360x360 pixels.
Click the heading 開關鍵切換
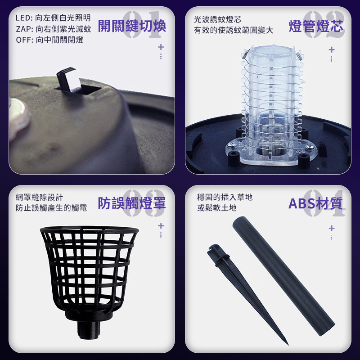[x=132, y=26]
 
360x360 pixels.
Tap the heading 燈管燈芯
[x=316, y=26]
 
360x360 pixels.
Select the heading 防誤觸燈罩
[x=132, y=203]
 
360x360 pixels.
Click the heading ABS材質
[x=315, y=203]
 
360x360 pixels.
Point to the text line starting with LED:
[x=53, y=18]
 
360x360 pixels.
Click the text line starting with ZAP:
[x=54, y=29]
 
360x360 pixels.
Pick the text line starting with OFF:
[x=49, y=40]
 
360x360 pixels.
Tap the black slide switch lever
[x=67, y=80]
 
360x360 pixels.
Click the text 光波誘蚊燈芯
[x=218, y=19]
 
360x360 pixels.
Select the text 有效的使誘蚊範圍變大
[x=234, y=30]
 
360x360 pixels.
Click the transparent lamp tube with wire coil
[x=272, y=103]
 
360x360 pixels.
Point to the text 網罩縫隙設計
[x=39, y=197]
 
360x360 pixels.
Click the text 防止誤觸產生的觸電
[x=51, y=208]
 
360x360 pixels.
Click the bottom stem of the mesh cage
[x=89, y=330]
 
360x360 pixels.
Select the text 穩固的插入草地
[x=225, y=197]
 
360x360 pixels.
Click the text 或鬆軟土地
[x=217, y=208]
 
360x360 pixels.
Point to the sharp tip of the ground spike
[x=288, y=344]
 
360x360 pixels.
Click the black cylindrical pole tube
[x=284, y=276]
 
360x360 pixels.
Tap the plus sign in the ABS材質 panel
[x=331, y=228]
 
